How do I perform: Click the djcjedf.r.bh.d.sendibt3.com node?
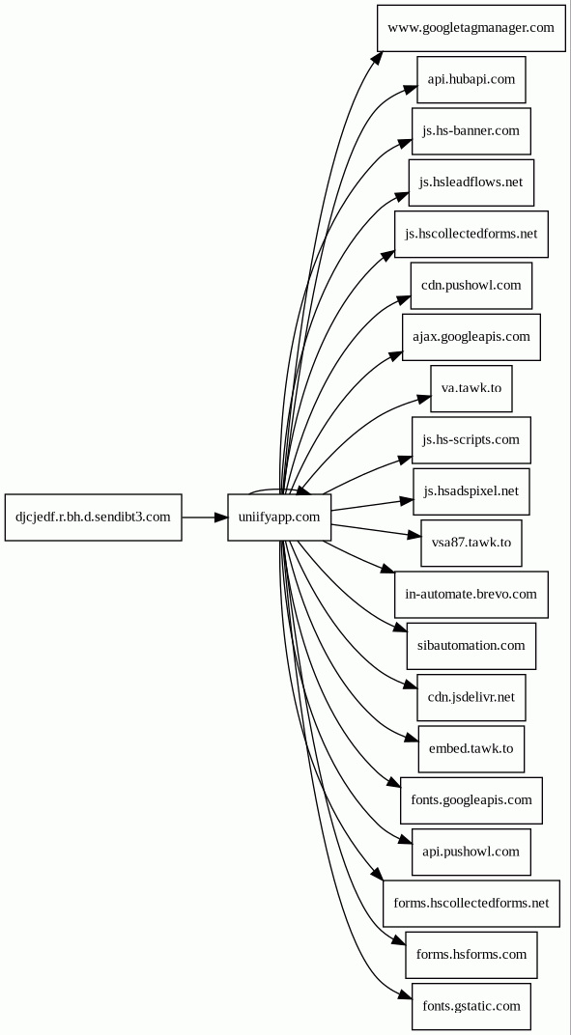tap(93, 517)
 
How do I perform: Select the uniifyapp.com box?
tap(279, 517)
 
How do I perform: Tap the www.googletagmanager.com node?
tap(471, 28)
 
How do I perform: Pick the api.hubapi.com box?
tap(471, 79)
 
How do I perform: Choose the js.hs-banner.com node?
tap(471, 130)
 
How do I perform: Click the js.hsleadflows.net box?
tap(471, 182)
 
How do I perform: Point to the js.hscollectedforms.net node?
tap(471, 234)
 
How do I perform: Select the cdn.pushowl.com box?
tap(471, 285)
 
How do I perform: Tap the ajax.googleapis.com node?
tap(471, 337)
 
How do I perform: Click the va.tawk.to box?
tap(471, 388)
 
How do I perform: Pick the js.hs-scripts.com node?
tap(471, 439)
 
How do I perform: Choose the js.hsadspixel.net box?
tap(471, 491)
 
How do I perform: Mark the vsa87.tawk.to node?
tap(471, 543)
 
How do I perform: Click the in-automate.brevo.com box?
tap(471, 594)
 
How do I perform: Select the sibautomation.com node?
tap(471, 646)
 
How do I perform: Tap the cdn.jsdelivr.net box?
tap(471, 697)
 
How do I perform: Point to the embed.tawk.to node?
tap(471, 748)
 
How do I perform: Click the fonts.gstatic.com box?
tap(471, 1006)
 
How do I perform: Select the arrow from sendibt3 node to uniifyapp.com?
tap(205, 517)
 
